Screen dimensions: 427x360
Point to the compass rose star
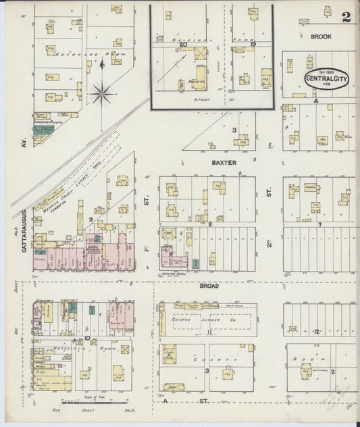tap(102, 93)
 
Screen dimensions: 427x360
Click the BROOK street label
tap(321, 36)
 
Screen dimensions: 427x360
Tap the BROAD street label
tap(209, 286)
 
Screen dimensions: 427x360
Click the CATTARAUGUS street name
tap(24, 230)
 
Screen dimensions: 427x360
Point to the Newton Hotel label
tap(175, 274)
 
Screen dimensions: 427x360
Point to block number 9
tap(90, 220)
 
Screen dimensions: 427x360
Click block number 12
tap(316, 331)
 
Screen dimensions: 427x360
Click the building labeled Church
tap(311, 186)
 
